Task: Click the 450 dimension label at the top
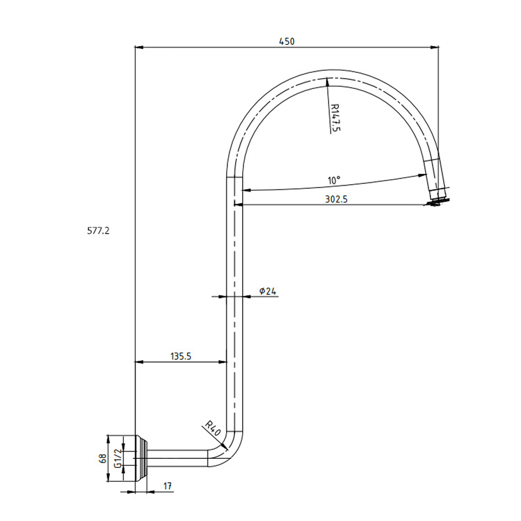pos(287,41)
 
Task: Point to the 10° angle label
pos(334,180)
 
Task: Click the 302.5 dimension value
pos(336,199)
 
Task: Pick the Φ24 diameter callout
pos(267,291)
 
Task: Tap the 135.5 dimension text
pos(181,356)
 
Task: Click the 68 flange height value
pos(102,458)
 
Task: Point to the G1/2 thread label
pos(117,458)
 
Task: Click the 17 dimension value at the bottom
pos(167,486)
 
